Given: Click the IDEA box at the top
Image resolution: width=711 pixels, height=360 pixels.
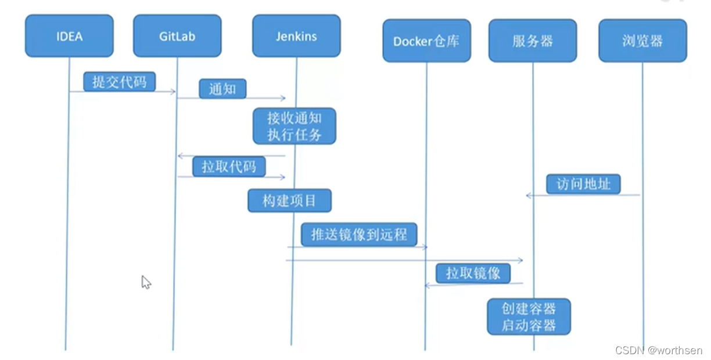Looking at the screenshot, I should pyautogui.click(x=69, y=36).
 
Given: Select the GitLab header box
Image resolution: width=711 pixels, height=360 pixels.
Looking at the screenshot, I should pyautogui.click(x=177, y=36).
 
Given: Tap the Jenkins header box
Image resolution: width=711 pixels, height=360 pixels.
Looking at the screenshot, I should pyautogui.click(x=296, y=36).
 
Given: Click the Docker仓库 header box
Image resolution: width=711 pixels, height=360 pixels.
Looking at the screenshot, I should pyautogui.click(x=426, y=41).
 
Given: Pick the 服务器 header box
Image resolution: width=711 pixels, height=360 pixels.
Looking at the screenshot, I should pyautogui.click(x=533, y=41).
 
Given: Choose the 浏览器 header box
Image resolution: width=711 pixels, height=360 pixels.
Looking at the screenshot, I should pyautogui.click(x=642, y=41).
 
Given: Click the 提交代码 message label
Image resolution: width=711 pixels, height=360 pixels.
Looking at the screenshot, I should pyautogui.click(x=119, y=82).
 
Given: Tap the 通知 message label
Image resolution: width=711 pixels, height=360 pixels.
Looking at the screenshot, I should pyautogui.click(x=222, y=89).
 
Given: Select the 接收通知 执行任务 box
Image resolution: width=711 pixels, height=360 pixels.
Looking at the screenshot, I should pyautogui.click(x=295, y=126).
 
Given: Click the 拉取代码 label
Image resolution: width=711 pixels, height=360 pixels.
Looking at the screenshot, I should pyautogui.click(x=229, y=167).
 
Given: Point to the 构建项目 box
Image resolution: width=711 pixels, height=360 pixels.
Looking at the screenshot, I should pyautogui.click(x=289, y=201).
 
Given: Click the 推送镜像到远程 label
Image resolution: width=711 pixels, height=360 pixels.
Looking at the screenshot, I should pyautogui.click(x=359, y=235).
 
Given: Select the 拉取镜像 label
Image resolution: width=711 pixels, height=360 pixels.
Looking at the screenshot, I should pyautogui.click(x=473, y=273).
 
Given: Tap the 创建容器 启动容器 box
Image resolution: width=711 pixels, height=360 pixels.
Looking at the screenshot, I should pyautogui.click(x=529, y=316).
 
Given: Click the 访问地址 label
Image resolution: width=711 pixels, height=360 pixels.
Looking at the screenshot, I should pyautogui.click(x=583, y=184).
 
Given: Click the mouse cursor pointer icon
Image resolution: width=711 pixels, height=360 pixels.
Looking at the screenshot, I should pyautogui.click(x=146, y=282).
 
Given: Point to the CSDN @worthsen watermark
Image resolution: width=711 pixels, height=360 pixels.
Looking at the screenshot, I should pyautogui.click(x=658, y=351).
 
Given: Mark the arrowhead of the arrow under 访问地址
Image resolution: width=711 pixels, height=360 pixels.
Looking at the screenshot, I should pyautogui.click(x=529, y=196).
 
